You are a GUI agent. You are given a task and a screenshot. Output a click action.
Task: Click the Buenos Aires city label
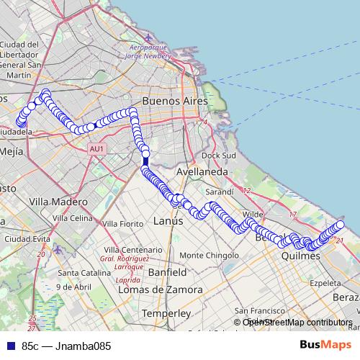tap(175, 102)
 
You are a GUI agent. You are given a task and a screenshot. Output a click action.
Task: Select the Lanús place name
tap(170, 221)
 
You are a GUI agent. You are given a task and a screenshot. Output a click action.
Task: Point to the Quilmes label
tap(300, 255)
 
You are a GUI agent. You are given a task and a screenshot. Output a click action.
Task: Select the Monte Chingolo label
tap(208, 256)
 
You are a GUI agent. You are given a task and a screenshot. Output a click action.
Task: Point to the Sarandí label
tap(219, 193)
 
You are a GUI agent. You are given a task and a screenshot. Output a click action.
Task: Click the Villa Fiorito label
tap(123, 224)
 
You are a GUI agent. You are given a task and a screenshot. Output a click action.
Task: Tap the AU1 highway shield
tap(97, 149)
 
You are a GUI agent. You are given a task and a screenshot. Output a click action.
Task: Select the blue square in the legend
tap(10, 346)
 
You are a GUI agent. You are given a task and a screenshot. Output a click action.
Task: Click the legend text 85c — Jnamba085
tap(66, 346)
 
